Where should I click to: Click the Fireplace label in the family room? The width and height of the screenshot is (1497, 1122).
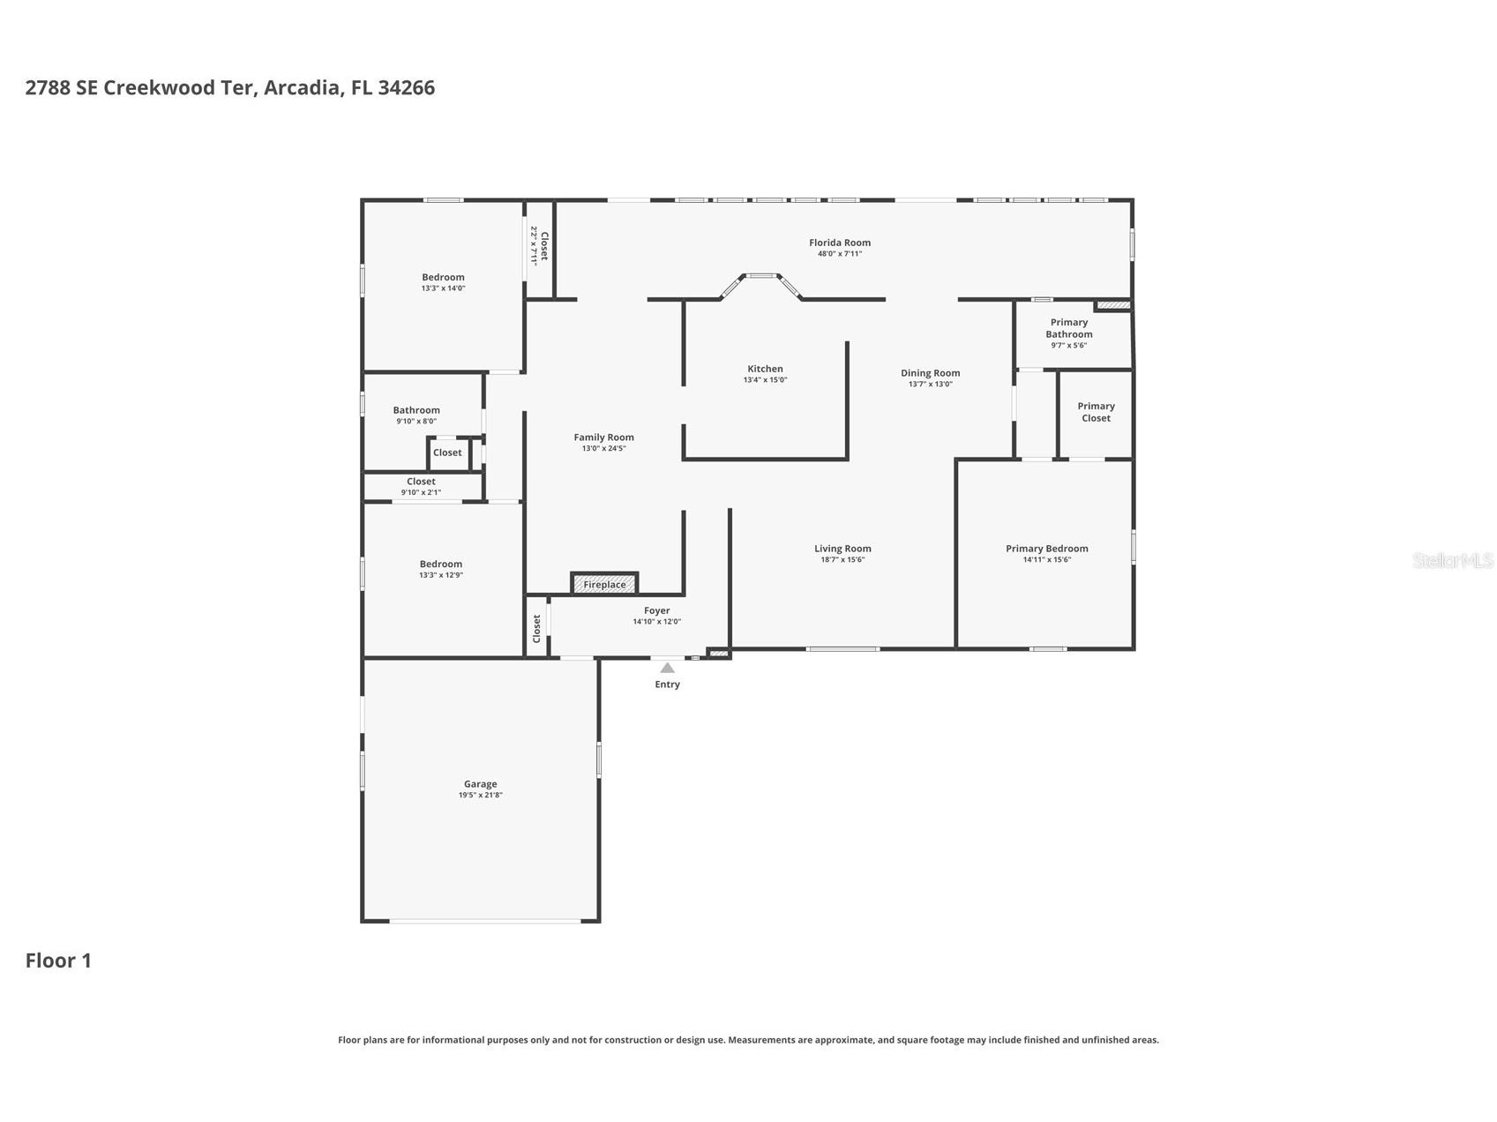click(604, 585)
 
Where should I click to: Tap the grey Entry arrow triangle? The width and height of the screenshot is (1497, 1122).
click(668, 669)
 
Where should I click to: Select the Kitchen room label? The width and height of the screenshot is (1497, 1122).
click(765, 369)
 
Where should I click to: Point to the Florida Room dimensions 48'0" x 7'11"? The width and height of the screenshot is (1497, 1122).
click(840, 254)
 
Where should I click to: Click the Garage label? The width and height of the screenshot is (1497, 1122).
click(480, 784)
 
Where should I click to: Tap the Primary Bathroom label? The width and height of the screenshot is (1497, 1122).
click(1069, 328)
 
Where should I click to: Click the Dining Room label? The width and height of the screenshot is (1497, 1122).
click(930, 373)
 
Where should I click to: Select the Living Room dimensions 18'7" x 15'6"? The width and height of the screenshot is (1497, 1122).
click(842, 560)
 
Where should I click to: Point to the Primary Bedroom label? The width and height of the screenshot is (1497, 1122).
click(1046, 549)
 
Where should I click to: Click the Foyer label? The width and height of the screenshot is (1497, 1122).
click(656, 610)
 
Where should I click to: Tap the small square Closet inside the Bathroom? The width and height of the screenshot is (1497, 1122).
click(447, 453)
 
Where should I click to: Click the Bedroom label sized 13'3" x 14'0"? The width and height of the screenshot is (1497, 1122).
click(443, 277)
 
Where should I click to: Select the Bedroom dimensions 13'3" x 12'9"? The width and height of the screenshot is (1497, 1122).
click(441, 575)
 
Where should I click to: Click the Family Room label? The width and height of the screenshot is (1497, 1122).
click(603, 438)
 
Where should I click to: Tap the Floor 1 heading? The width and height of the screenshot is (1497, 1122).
click(58, 961)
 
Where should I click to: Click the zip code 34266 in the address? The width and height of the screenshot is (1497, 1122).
click(406, 87)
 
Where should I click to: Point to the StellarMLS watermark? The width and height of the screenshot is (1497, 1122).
click(1452, 560)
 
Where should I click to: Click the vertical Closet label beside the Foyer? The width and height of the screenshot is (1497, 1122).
click(536, 628)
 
